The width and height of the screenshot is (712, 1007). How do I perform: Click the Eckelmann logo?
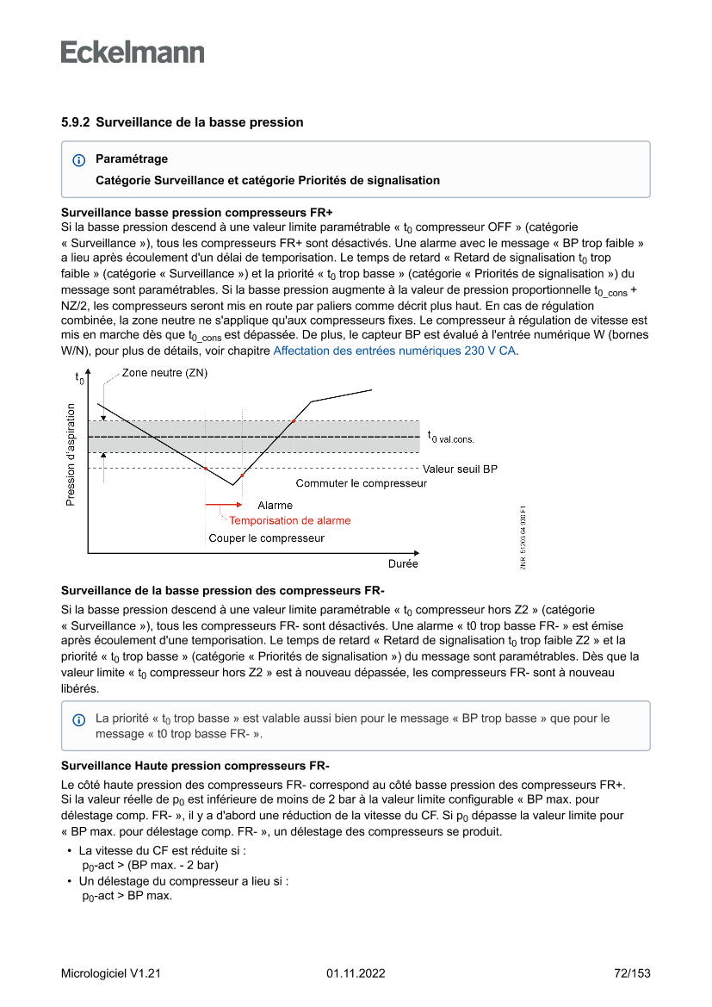point(133,53)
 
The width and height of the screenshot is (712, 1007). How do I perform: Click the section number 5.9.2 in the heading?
point(76,122)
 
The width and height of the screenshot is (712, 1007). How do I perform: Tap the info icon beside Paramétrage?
point(79,160)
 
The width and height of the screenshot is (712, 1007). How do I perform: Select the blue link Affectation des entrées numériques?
point(395,351)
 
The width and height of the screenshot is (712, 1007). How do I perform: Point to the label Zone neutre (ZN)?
point(164,373)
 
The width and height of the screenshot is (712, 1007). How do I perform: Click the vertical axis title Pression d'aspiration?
point(71,454)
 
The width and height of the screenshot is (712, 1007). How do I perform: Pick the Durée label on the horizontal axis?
point(402,563)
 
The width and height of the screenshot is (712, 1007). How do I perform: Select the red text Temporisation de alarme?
point(289,520)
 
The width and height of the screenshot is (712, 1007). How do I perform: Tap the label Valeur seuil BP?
point(460,469)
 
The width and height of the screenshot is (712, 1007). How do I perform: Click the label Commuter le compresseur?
point(361,483)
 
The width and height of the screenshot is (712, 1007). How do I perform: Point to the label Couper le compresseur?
point(267,538)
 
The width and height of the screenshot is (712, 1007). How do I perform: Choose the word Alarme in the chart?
point(276,506)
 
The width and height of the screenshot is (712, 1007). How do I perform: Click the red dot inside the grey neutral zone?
point(294,420)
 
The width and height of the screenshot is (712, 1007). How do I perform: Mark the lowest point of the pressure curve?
point(232,485)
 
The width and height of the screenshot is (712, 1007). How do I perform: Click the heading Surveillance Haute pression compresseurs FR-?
point(195,766)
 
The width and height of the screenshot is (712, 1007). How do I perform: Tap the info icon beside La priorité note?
point(79,719)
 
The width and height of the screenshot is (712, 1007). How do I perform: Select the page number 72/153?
point(631,973)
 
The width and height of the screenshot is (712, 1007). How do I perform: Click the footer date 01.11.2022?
point(356,973)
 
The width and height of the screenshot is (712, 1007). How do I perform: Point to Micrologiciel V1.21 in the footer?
point(111,973)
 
